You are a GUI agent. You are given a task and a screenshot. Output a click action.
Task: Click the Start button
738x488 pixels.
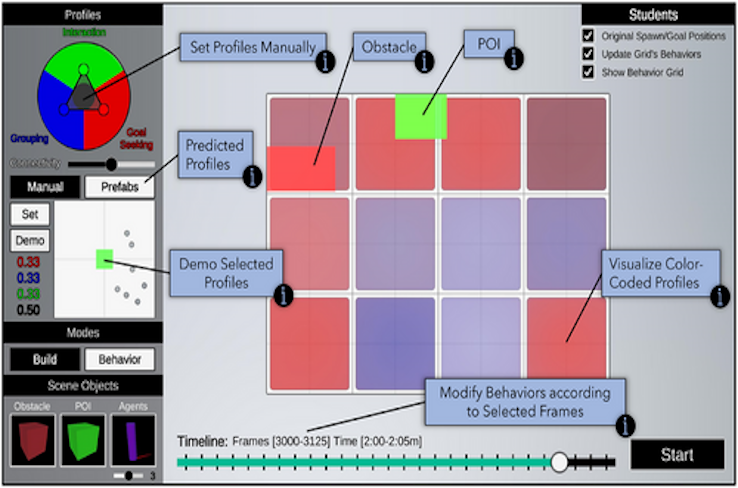coord(677,455)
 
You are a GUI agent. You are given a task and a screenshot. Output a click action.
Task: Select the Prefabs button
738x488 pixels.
coord(119,187)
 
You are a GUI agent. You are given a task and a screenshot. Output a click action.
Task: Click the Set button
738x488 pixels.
coord(30,214)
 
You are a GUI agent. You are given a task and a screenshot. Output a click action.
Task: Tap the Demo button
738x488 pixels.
coord(30,240)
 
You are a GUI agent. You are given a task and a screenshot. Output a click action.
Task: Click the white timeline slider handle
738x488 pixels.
coord(560,461)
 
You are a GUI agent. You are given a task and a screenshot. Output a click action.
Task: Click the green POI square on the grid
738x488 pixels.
coord(420,116)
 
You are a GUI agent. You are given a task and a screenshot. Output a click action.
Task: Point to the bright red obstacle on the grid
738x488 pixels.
coord(301,167)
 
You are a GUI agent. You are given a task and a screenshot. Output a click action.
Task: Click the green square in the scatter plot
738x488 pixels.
coord(104,259)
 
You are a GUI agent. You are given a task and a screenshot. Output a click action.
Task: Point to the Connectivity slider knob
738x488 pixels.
coord(111,163)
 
